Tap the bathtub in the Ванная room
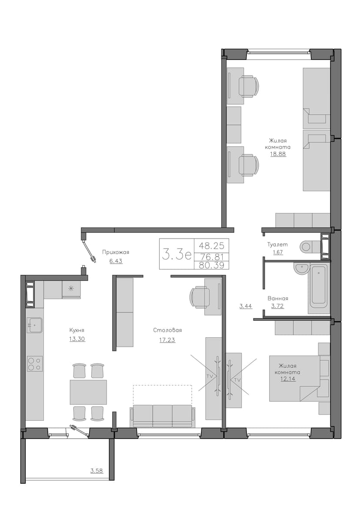pyautogui.click(x=318, y=286)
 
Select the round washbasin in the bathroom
pyautogui.click(x=301, y=269)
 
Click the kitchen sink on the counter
pyautogui.click(x=34, y=325)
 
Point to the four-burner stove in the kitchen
pyautogui.click(x=34, y=363)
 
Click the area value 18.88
pyautogui.click(x=278, y=154)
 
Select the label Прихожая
pyautogui.click(x=116, y=252)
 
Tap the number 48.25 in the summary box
pyautogui.click(x=211, y=245)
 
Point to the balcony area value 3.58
pyautogui.click(x=97, y=470)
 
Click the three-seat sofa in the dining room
pyautogui.click(x=162, y=416)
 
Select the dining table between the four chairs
pyautogui.click(x=88, y=392)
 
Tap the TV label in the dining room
pyautogui.click(x=210, y=376)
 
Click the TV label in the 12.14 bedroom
pyautogui.click(x=237, y=379)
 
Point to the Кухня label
pyautogui.click(x=77, y=330)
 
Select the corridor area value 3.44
pyautogui.click(x=246, y=306)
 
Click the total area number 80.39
pyautogui.click(x=211, y=265)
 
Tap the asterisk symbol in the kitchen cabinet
pyautogui.click(x=71, y=288)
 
